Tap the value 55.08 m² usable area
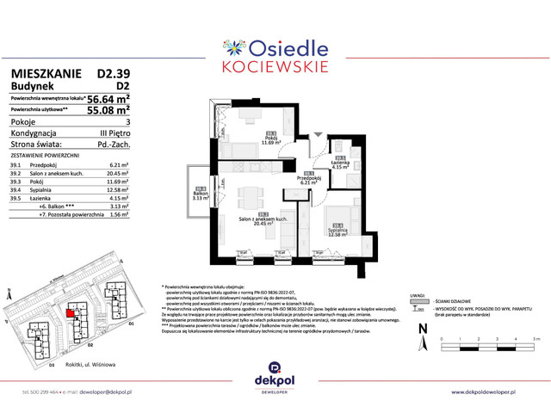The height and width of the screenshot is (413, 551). pos(111,111)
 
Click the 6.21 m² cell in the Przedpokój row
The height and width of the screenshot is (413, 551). pos(120,163)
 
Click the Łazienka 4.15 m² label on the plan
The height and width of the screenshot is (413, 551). pos(341,164)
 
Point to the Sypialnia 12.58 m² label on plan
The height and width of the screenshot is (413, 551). pos(337,230)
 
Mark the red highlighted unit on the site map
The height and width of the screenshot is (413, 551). pos(71,312)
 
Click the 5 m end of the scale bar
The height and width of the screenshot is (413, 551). pos(534,341)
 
